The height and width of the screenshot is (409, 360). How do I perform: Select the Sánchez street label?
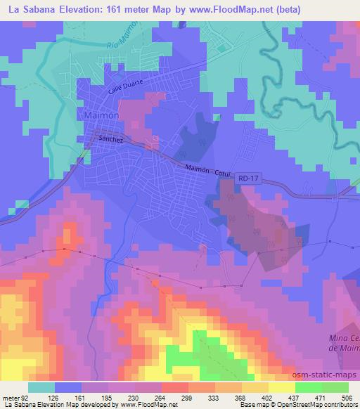(x=111, y=139)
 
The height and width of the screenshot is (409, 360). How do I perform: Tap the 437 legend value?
(x=292, y=398)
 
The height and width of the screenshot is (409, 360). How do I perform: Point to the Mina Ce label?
(x=344, y=340)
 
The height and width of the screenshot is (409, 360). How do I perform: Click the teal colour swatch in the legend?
(x=42, y=387)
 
